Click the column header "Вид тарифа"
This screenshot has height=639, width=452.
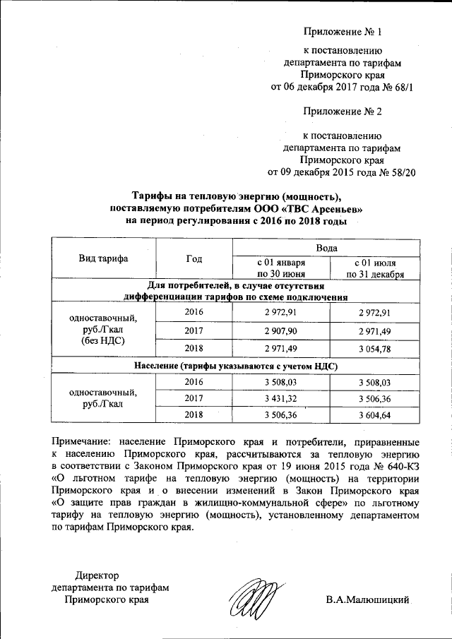(x=103, y=258)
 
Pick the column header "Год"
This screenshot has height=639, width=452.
(x=194, y=258)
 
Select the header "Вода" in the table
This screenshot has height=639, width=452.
(x=326, y=249)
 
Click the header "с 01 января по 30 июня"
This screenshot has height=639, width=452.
(x=280, y=268)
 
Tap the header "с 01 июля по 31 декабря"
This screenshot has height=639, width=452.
(x=374, y=268)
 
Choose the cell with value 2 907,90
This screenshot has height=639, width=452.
(x=280, y=330)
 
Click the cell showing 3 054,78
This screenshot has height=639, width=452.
(x=374, y=348)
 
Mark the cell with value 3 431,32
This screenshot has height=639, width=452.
(x=280, y=398)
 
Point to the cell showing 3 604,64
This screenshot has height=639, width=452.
(x=374, y=415)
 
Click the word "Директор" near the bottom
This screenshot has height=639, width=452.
(x=97, y=576)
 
